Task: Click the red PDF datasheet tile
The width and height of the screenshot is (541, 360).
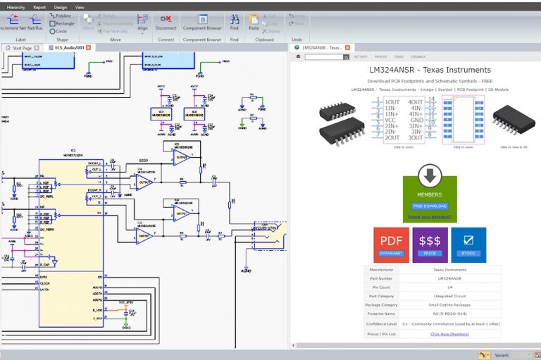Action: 390,244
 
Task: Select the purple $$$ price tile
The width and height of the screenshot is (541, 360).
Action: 429,244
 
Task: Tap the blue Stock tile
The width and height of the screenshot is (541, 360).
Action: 468,244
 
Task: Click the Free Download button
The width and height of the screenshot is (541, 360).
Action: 429,206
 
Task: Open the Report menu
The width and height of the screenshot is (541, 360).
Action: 39,6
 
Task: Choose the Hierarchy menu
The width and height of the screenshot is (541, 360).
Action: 15,6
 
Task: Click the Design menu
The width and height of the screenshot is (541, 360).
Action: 61,6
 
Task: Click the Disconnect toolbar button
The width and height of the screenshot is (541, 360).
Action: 166,23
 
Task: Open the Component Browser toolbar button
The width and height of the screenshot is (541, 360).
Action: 202,23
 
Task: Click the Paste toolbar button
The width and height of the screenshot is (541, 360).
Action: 254,23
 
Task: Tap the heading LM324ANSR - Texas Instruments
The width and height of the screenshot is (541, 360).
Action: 429,70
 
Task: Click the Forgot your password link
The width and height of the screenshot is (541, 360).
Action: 429,216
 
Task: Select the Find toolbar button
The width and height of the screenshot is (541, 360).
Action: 234,23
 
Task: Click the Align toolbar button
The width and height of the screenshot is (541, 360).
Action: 142,23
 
